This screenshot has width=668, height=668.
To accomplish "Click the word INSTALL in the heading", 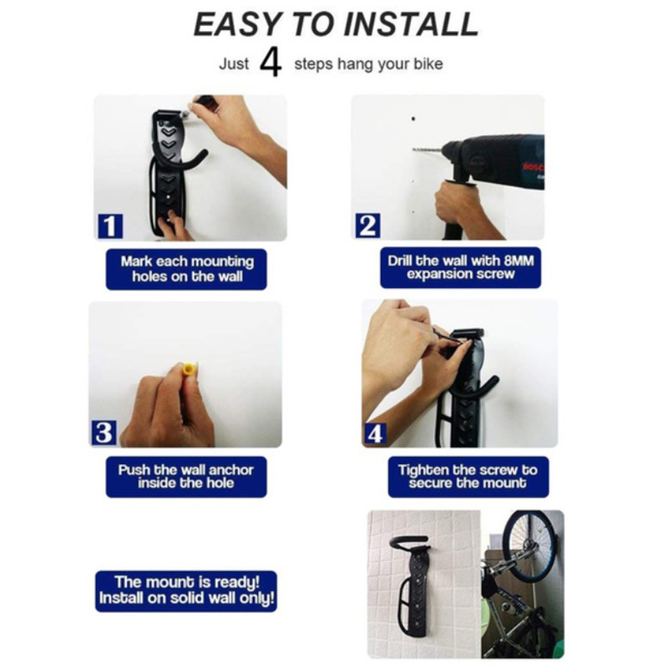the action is click(x=411, y=24).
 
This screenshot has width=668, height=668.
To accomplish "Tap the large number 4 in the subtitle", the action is click(x=271, y=63).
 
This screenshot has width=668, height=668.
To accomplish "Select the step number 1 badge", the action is click(x=110, y=225).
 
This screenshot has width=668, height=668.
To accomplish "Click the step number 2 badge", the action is click(x=367, y=225).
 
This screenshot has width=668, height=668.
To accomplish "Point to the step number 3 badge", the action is click(x=104, y=433).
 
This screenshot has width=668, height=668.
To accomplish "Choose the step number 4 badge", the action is click(x=375, y=434).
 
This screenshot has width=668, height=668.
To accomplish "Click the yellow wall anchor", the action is click(x=189, y=368).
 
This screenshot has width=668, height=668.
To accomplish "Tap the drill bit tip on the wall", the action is click(x=414, y=149).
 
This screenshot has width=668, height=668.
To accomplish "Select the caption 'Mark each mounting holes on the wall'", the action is click(x=186, y=269).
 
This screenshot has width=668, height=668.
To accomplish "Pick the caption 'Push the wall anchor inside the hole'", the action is click(x=186, y=476).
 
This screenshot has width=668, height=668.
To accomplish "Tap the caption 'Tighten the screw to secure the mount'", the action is click(x=468, y=476).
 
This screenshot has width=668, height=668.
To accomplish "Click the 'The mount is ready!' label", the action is click(x=186, y=582).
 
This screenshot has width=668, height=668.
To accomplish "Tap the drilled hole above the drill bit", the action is click(x=412, y=119).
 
